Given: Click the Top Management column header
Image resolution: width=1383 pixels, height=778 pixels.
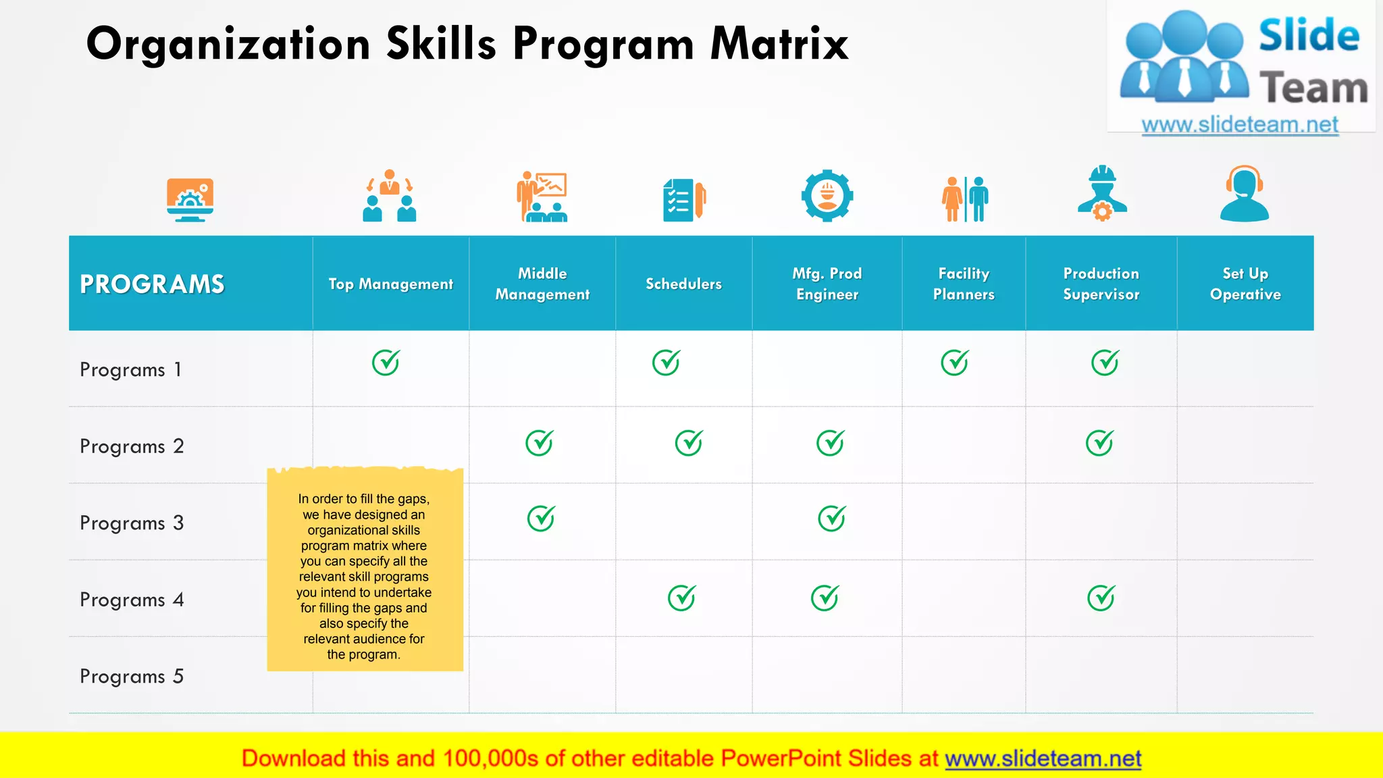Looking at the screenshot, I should pyautogui.click(x=390, y=284).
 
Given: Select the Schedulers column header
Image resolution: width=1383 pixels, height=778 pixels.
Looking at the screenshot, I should pyautogui.click(x=683, y=284).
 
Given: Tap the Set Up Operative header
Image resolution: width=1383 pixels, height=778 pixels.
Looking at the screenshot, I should pyautogui.click(x=1245, y=284).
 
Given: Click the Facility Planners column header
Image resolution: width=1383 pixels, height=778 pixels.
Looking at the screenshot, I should pyautogui.click(x=964, y=284).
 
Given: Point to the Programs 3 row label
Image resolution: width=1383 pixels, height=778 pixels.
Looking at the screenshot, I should pyautogui.click(x=132, y=523).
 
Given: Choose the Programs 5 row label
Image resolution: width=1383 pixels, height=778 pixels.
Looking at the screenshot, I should pyautogui.click(x=132, y=676).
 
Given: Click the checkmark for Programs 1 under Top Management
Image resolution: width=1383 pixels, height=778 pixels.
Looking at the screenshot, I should pyautogui.click(x=386, y=363).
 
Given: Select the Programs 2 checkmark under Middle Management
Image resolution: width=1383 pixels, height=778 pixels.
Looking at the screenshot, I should pyautogui.click(x=540, y=443).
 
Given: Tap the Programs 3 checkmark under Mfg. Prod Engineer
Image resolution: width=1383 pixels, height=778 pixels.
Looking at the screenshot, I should pyautogui.click(x=832, y=519).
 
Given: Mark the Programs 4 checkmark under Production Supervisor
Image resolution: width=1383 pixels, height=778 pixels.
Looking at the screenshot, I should pyautogui.click(x=1101, y=598).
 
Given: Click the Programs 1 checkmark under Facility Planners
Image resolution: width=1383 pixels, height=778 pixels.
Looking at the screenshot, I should pyautogui.click(x=955, y=363).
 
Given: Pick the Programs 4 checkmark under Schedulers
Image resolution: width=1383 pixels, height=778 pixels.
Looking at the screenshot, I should pyautogui.click(x=682, y=598).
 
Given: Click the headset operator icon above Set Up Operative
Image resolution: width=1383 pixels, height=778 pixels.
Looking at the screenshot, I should pyautogui.click(x=1245, y=194).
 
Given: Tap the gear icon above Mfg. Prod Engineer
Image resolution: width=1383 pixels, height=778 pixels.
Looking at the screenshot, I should pyautogui.click(x=827, y=196).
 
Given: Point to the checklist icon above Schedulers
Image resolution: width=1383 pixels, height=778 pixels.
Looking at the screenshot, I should pyautogui.click(x=684, y=199).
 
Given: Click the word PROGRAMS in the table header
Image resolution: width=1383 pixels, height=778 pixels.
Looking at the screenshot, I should pyautogui.click(x=152, y=284).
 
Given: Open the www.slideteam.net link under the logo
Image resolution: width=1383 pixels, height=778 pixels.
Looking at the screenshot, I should pyautogui.click(x=1240, y=125).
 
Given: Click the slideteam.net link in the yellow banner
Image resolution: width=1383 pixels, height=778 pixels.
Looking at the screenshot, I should pyautogui.click(x=1043, y=758).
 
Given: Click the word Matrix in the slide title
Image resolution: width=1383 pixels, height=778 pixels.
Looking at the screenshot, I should pyautogui.click(x=779, y=44).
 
